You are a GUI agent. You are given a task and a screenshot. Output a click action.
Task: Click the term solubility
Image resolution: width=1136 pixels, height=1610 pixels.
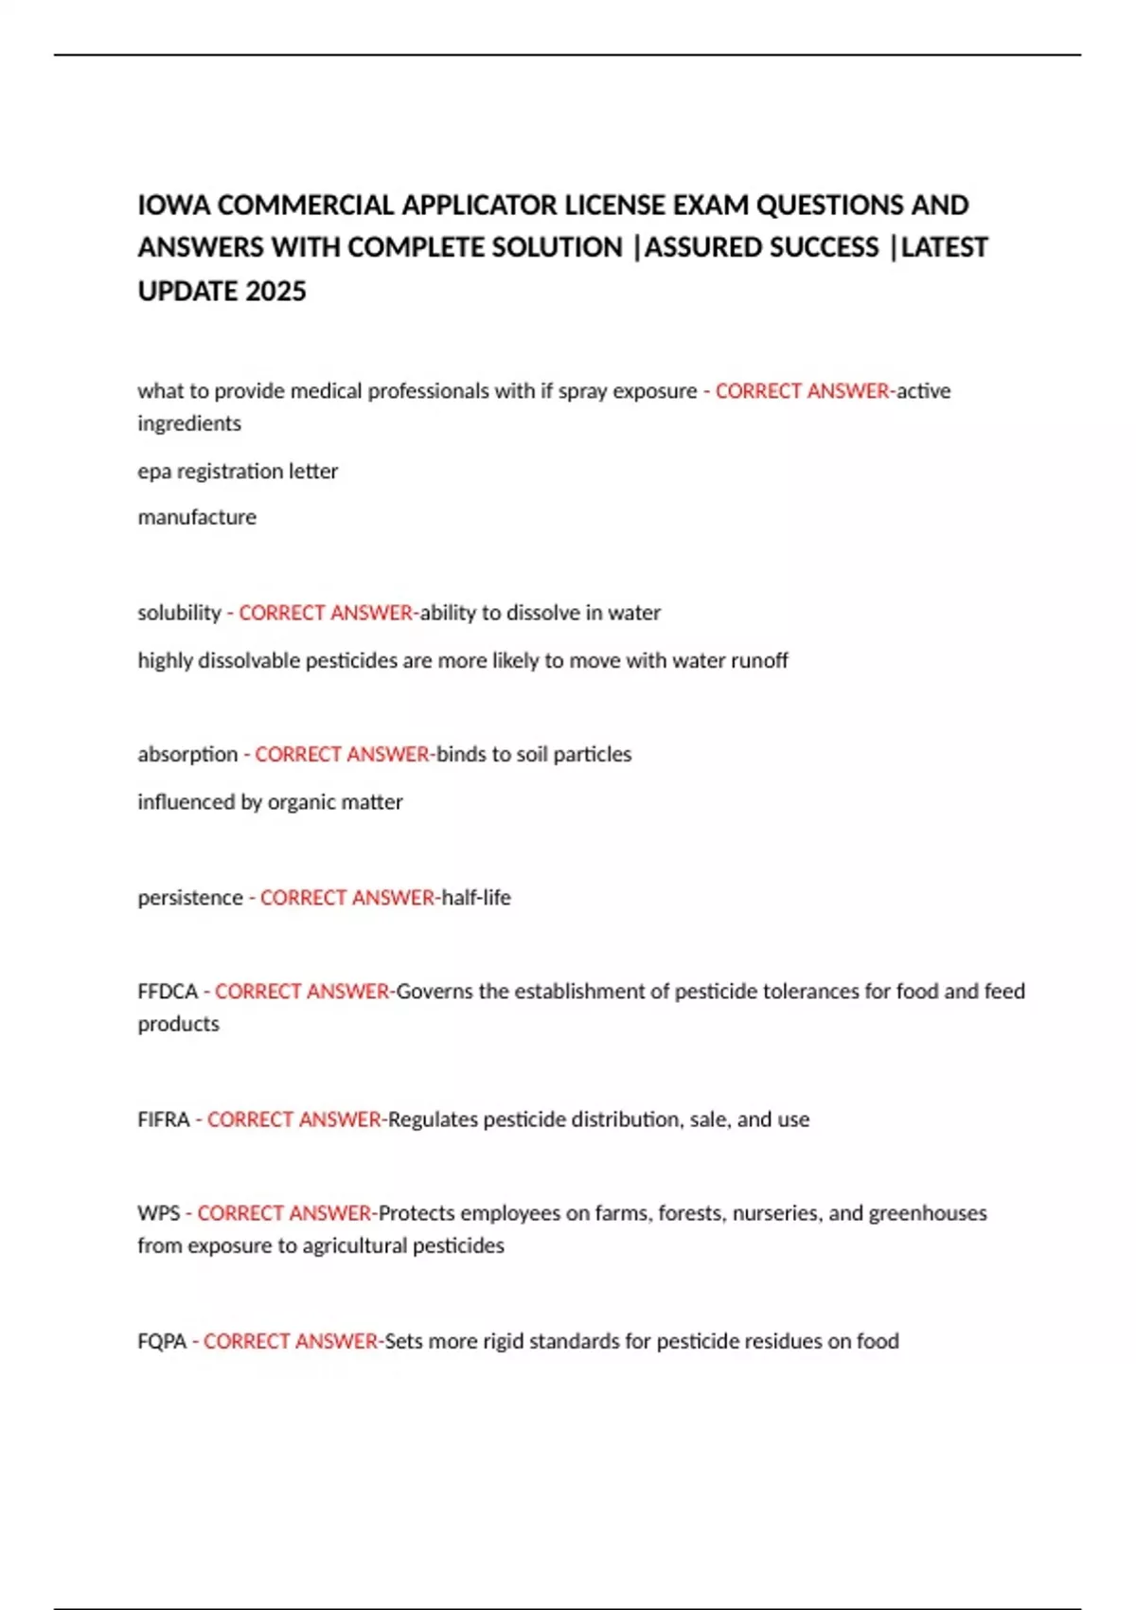point(179,613)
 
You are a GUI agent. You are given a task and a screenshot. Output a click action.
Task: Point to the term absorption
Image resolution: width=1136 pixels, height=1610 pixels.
point(187,754)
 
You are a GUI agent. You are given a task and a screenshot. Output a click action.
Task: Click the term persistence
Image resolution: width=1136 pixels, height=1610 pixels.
point(190,897)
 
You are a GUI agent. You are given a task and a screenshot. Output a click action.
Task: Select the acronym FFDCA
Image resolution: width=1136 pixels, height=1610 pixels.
point(168,992)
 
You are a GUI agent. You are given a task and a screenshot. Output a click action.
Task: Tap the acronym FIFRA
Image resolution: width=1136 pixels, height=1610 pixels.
point(164,1119)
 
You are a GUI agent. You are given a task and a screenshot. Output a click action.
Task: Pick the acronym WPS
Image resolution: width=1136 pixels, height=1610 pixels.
point(158,1213)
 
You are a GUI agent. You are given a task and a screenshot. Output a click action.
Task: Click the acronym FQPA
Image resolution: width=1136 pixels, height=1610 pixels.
point(162,1341)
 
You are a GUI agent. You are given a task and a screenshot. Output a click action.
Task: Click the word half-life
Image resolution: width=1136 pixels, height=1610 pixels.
point(476,897)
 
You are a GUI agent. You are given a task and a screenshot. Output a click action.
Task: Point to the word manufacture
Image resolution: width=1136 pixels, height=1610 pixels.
point(197,517)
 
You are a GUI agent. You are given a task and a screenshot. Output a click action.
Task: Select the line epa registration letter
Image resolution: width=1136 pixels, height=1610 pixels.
point(238,471)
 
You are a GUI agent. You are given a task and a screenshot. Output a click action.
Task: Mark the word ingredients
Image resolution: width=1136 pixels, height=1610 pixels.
point(189,423)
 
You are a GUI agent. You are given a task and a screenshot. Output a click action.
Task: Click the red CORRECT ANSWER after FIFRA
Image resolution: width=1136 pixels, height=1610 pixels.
point(294,1119)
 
